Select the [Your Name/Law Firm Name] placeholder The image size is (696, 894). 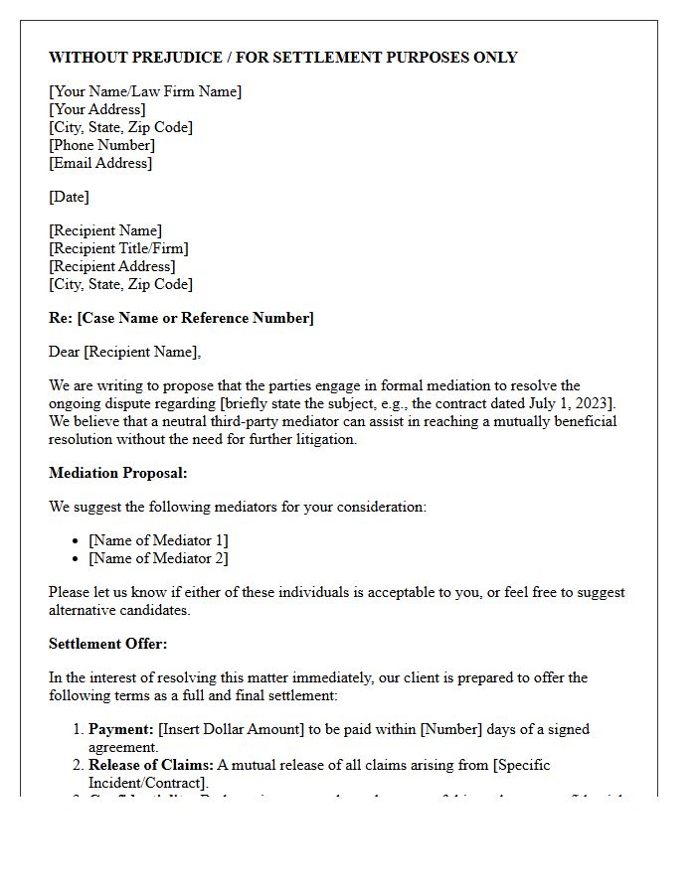[145, 91]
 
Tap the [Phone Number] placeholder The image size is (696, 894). [101, 145]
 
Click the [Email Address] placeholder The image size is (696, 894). [100, 163]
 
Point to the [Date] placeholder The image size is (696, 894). [69, 197]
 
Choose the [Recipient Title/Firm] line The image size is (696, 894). [118, 248]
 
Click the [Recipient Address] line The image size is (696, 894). [111, 266]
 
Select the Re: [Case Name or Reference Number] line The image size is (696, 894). [181, 318]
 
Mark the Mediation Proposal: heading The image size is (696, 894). [117, 473]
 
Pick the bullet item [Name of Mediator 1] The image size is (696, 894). [158, 540]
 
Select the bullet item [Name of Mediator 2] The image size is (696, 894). [158, 558]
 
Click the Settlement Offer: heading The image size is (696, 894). [107, 644]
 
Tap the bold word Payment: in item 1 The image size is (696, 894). [120, 729]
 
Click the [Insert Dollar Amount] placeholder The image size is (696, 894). [231, 729]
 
